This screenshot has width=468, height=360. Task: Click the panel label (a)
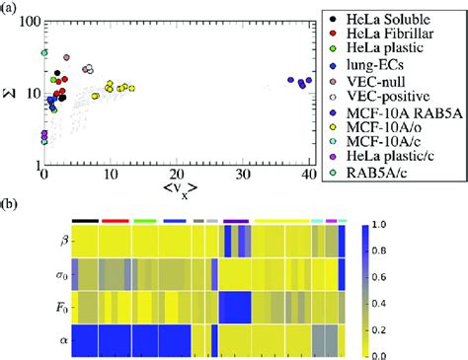click(x=10, y=8)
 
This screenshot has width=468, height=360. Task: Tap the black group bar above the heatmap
click(x=85, y=221)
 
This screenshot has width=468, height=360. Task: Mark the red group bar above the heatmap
click(x=115, y=221)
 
